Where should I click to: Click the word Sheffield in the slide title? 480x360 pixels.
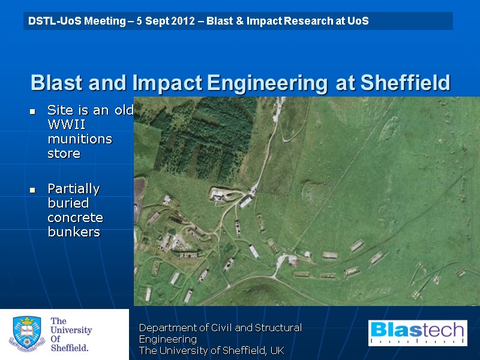coord(405,83)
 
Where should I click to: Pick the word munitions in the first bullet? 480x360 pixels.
coord(80,139)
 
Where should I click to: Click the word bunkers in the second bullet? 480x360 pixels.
coord(73,232)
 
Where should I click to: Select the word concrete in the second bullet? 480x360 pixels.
coord(75,217)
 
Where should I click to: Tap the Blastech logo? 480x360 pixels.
coord(417,333)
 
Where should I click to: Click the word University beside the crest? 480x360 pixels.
coord(71,330)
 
